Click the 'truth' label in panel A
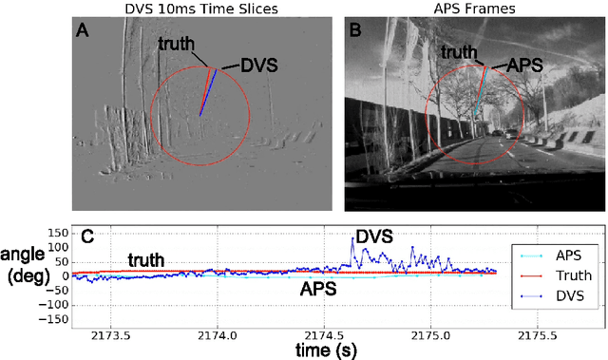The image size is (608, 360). pyautogui.click(x=178, y=43)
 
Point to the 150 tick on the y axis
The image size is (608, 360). pyautogui.click(x=53, y=233)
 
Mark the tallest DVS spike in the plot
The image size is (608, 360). pyautogui.click(x=352, y=239)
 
